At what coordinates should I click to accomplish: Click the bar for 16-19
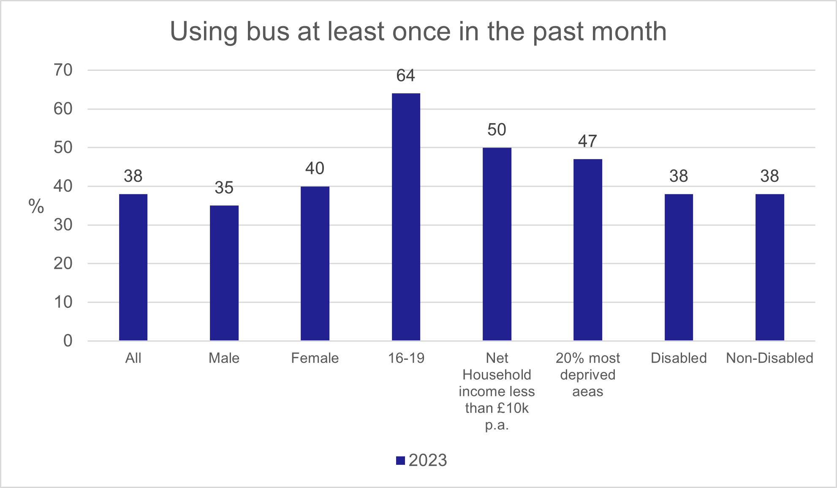406,217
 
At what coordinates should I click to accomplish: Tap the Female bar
315,263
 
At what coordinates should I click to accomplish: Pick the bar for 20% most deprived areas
588,250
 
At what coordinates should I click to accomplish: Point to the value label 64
406,76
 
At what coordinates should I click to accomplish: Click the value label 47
588,141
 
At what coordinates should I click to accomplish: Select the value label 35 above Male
224,188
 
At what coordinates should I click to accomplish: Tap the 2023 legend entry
421,460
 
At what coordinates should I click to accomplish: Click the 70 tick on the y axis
63,70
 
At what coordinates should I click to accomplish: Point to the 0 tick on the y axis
68,341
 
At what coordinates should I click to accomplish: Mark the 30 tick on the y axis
63,225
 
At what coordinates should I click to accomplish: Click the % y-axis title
36,207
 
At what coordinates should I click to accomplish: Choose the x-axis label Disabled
679,358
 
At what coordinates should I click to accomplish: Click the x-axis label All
133,358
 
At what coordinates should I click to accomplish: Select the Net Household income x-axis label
497,391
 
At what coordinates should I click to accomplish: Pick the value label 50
497,130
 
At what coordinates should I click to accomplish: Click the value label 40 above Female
315,169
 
